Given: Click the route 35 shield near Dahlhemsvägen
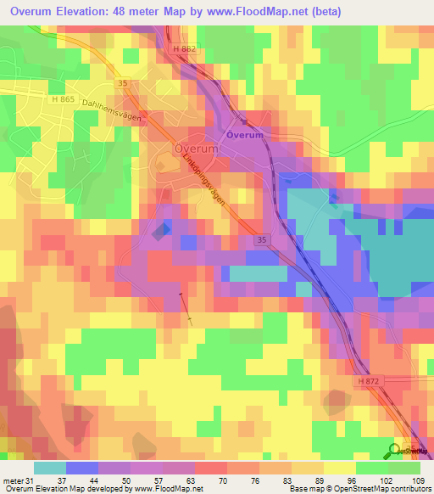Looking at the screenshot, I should click(124, 84).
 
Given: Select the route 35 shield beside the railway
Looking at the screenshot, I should click(262, 241).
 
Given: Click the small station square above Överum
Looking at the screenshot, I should click(243, 122).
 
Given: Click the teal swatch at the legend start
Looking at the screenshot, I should click(50, 468).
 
